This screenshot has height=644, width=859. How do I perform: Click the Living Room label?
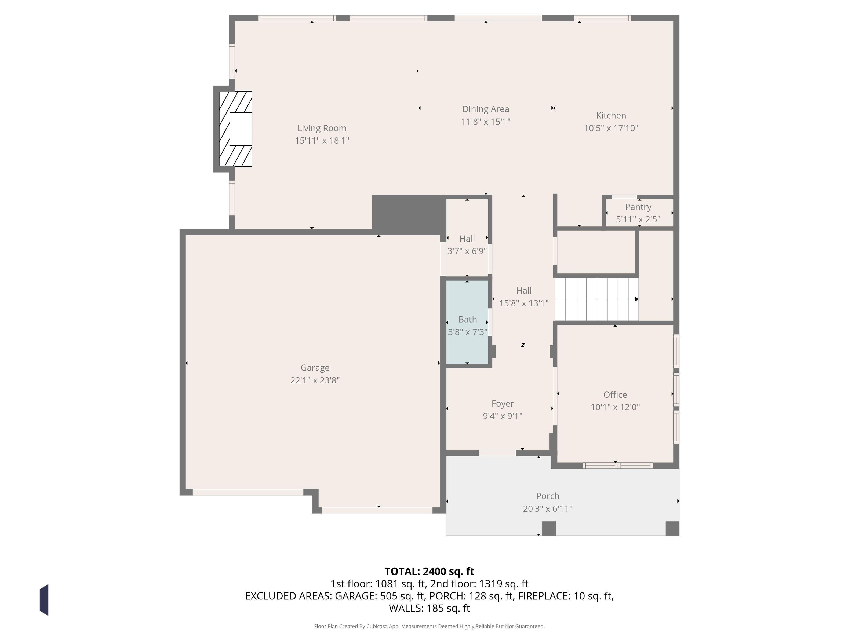[322, 128]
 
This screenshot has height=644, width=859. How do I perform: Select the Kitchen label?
[611, 115]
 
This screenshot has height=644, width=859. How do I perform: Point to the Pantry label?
[638, 207]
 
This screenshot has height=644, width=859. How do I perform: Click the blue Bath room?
[467, 322]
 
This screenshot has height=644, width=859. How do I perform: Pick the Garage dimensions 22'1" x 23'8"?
[315, 380]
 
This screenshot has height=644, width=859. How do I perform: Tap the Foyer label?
[503, 404]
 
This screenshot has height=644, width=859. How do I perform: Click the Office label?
[615, 395]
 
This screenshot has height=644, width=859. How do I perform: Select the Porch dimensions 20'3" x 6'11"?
[548, 508]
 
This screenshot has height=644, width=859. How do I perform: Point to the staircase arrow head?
[636, 299]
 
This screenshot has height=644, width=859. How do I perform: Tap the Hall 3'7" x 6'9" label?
[467, 245]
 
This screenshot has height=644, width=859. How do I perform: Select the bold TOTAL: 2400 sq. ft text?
[429, 571]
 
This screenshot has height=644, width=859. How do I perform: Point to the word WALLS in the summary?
[405, 608]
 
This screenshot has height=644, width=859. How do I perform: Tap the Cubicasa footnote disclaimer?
[429, 626]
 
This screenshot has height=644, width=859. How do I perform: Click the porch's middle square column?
[549, 529]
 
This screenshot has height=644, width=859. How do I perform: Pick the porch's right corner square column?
[672, 529]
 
